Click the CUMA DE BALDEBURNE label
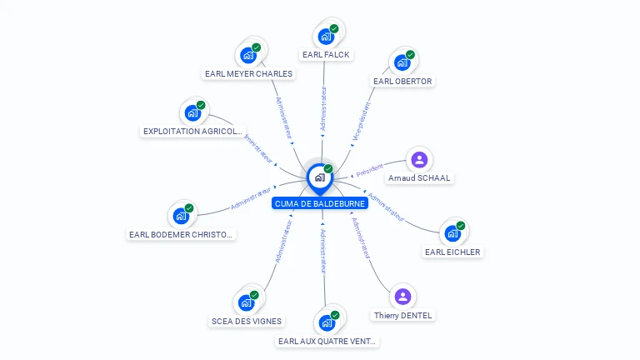[x=320, y=203]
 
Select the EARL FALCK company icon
[x=325, y=37]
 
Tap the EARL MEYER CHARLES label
[x=248, y=73]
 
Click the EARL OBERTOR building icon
[x=402, y=62]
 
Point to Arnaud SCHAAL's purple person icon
[x=419, y=159]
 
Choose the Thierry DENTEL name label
[x=403, y=316]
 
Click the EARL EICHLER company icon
[x=452, y=233]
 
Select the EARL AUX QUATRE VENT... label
[x=327, y=341]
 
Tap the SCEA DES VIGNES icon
[x=246, y=302]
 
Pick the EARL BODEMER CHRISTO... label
[x=181, y=235]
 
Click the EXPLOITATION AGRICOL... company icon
[x=192, y=112]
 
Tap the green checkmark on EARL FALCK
[x=334, y=29]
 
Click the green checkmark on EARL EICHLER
[x=461, y=226]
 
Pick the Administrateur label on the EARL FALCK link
[x=323, y=108]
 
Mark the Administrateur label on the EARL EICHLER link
[x=386, y=208]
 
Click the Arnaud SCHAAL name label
[x=419, y=178]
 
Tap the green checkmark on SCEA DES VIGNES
[x=254, y=295]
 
